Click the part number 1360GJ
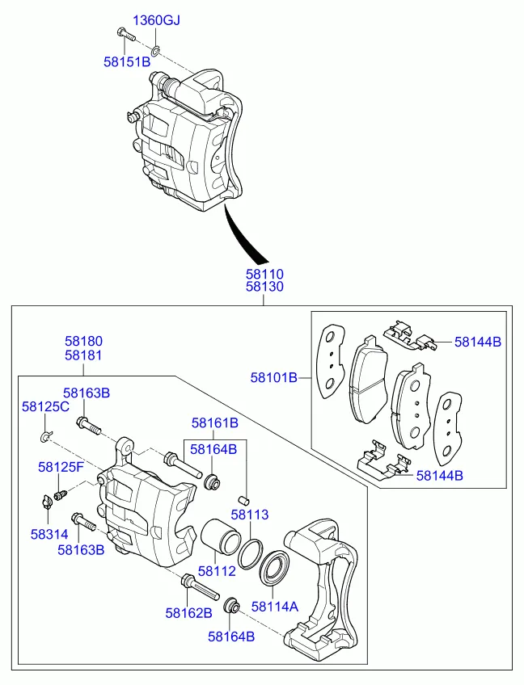pyautogui.click(x=157, y=20)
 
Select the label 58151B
pyautogui.click(x=127, y=61)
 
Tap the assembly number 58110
pyautogui.click(x=264, y=275)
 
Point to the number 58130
pyautogui.click(x=264, y=288)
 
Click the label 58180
pyautogui.click(x=83, y=342)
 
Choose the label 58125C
pyautogui.click(x=45, y=406)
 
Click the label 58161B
pyautogui.click(x=215, y=422)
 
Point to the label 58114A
pyautogui.click(x=275, y=606)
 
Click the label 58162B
pyautogui.click(x=188, y=613)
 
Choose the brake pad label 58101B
pyautogui.click(x=273, y=376)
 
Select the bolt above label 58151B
pyautogui.click(x=125, y=34)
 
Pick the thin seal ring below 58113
pyautogui.click(x=251, y=552)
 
